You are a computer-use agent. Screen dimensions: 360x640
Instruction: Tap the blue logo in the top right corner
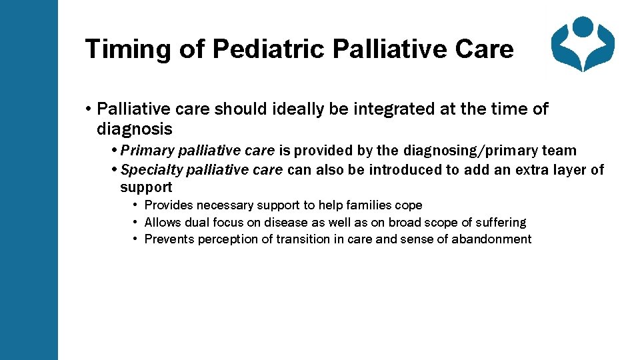pyautogui.click(x=583, y=44)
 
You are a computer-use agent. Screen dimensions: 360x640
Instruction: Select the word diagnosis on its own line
pyautogui.click(x=134, y=129)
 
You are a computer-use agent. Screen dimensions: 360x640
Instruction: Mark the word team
pyautogui.click(x=559, y=151)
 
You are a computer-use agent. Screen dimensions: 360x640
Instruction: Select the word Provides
pyautogui.click(x=168, y=205)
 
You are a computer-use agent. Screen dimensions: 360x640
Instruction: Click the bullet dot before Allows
pyautogui.click(x=135, y=222)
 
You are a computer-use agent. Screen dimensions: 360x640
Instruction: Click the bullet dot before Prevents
pyautogui.click(x=135, y=239)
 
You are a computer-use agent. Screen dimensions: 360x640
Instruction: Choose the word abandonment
pyautogui.click(x=491, y=239)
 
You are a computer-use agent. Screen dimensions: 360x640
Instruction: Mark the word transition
pyautogui.click(x=306, y=239)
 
